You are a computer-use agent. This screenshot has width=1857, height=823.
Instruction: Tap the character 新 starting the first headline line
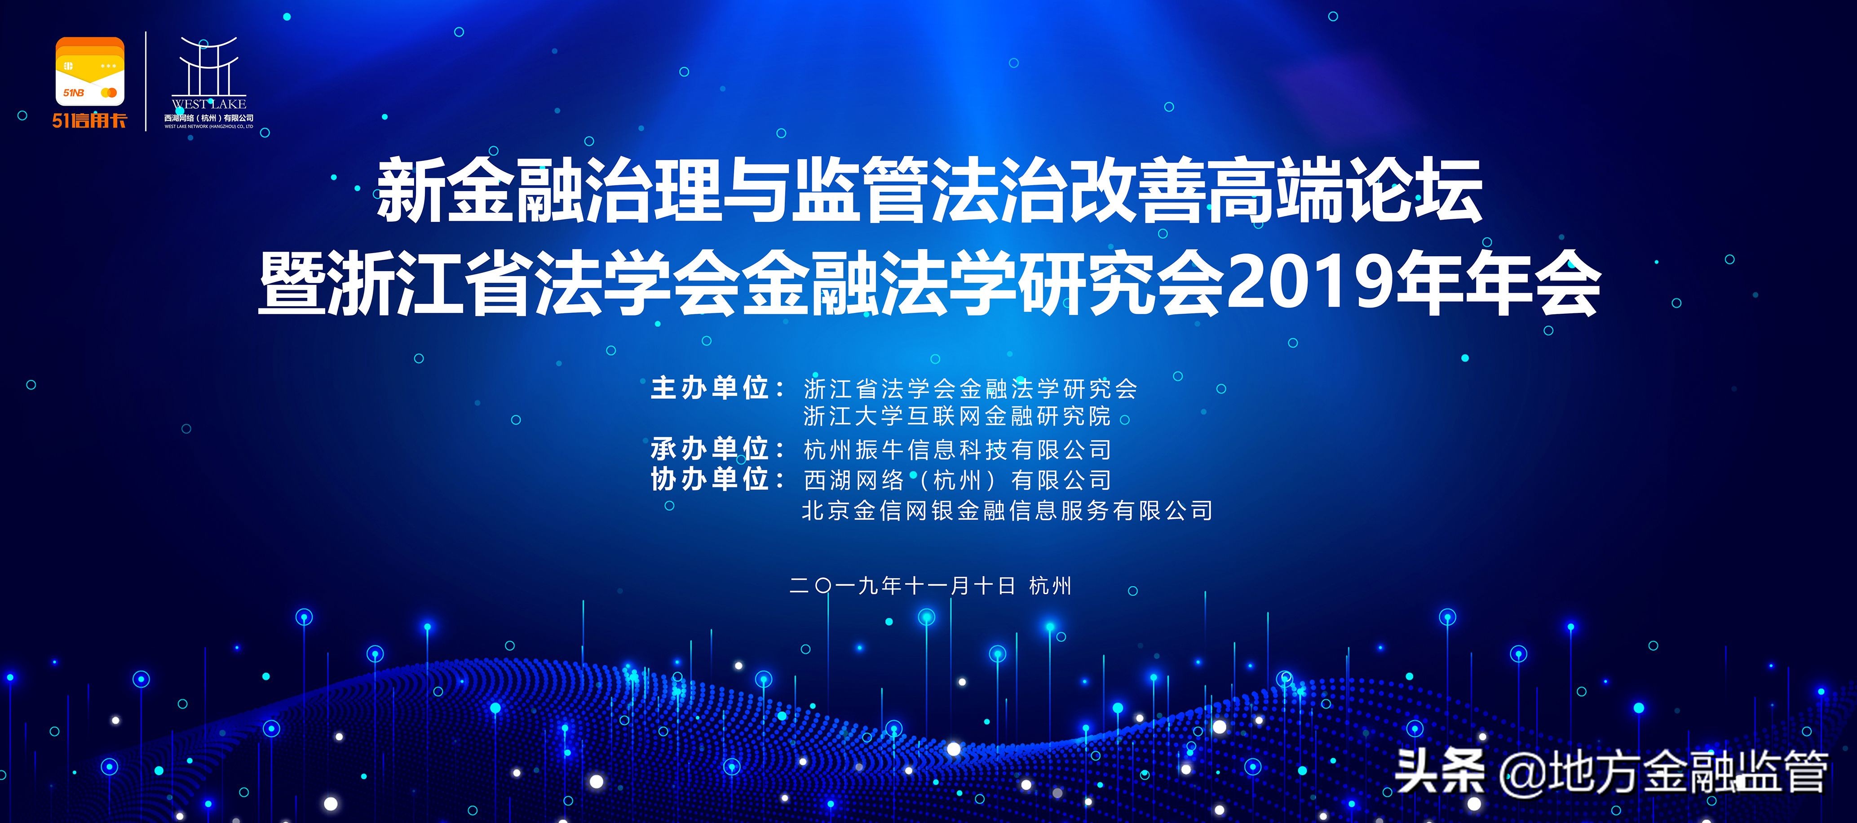pos(410,191)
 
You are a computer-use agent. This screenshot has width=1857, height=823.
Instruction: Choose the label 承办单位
pos(710,449)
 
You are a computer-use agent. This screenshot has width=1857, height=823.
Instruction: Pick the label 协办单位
pos(710,480)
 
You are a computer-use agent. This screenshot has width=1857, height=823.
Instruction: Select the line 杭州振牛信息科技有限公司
pos(957,450)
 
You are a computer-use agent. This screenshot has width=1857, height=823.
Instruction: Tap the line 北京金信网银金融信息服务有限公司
pos(1006,511)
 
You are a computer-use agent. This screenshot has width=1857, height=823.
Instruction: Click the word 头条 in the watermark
pos(1439,772)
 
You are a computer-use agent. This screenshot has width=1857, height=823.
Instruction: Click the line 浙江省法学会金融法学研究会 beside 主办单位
pos(969,389)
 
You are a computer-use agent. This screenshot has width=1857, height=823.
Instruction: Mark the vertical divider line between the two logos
pos(146,81)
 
